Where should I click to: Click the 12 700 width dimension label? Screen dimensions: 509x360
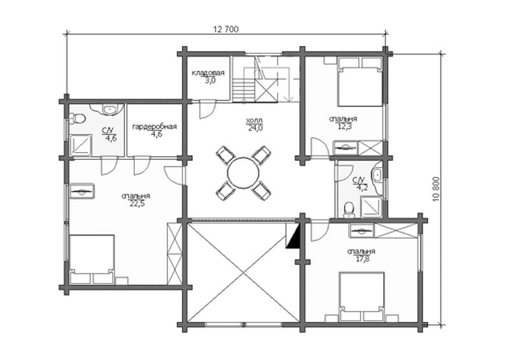point(226,29)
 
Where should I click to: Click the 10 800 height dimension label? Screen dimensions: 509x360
point(436,189)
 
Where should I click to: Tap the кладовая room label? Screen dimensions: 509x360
point(208,73)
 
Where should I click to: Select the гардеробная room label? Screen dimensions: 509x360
point(155,127)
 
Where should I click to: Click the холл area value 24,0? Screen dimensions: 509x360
point(256,128)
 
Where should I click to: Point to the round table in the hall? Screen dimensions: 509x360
point(244,173)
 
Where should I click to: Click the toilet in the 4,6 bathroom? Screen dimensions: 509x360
point(77,118)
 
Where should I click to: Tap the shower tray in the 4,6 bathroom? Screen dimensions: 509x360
point(81,145)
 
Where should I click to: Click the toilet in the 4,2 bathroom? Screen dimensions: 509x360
point(349,209)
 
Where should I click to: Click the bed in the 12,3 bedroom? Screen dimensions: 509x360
point(359,82)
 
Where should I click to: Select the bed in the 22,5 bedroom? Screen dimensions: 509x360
point(92,260)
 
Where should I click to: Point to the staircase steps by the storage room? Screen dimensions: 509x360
point(244,89)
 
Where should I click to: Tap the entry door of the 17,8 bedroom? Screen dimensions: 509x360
point(320,230)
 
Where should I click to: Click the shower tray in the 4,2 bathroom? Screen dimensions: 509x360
point(372,207)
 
